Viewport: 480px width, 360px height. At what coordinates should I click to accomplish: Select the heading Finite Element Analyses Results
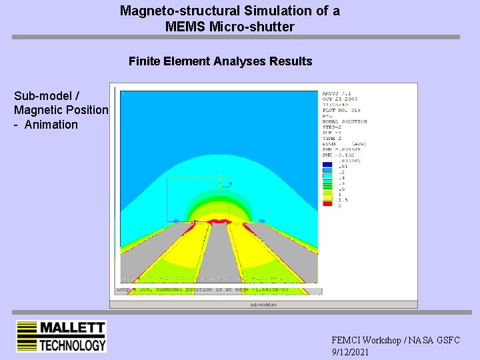click(220, 61)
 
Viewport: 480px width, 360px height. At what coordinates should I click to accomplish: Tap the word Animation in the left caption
click(51, 125)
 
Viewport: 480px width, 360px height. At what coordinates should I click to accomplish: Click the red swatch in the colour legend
click(327, 204)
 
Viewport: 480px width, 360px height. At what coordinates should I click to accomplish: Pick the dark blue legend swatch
click(327, 163)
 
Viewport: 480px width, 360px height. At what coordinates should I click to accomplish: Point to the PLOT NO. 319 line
click(341, 111)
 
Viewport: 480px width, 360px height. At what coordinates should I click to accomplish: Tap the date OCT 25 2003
click(340, 99)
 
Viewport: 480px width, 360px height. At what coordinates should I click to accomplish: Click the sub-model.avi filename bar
click(263, 304)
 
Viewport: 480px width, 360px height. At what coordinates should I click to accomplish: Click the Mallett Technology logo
click(61, 337)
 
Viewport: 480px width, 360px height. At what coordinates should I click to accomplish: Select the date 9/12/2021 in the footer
click(350, 352)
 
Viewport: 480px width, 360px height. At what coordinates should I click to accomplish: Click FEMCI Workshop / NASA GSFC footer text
click(395, 340)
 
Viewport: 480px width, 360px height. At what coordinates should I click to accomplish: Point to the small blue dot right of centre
click(262, 221)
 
